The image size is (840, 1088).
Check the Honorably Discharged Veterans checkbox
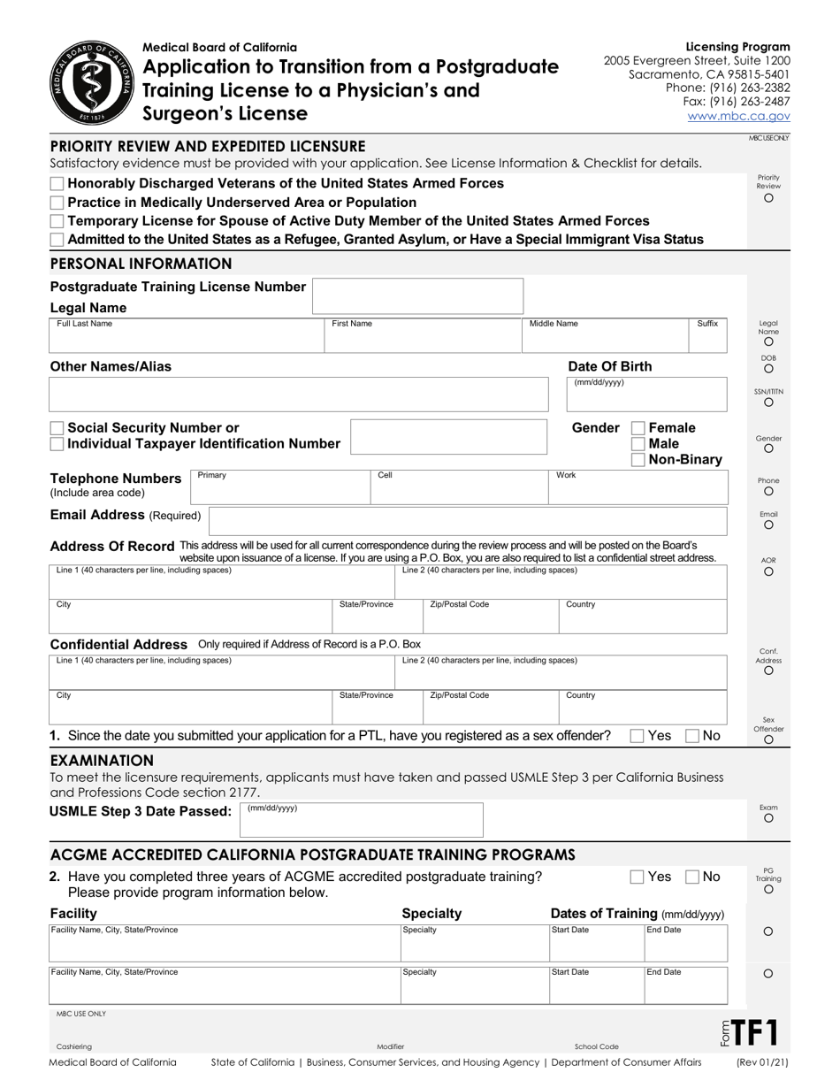[57, 183]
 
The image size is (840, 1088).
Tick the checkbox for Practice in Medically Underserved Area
[57, 203]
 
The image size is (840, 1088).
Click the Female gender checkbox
[638, 428]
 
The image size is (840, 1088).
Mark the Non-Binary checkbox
[638, 460]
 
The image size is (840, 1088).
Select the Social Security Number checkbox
[57, 428]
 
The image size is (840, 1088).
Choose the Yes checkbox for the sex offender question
[637, 735]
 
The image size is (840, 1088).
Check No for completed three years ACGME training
[693, 877]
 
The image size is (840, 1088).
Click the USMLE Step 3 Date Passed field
[362, 820]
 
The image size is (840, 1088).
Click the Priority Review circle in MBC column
[768, 198]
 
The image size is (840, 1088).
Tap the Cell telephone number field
[459, 487]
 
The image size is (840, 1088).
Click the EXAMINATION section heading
[102, 761]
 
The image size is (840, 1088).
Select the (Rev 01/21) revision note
[762, 1062]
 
